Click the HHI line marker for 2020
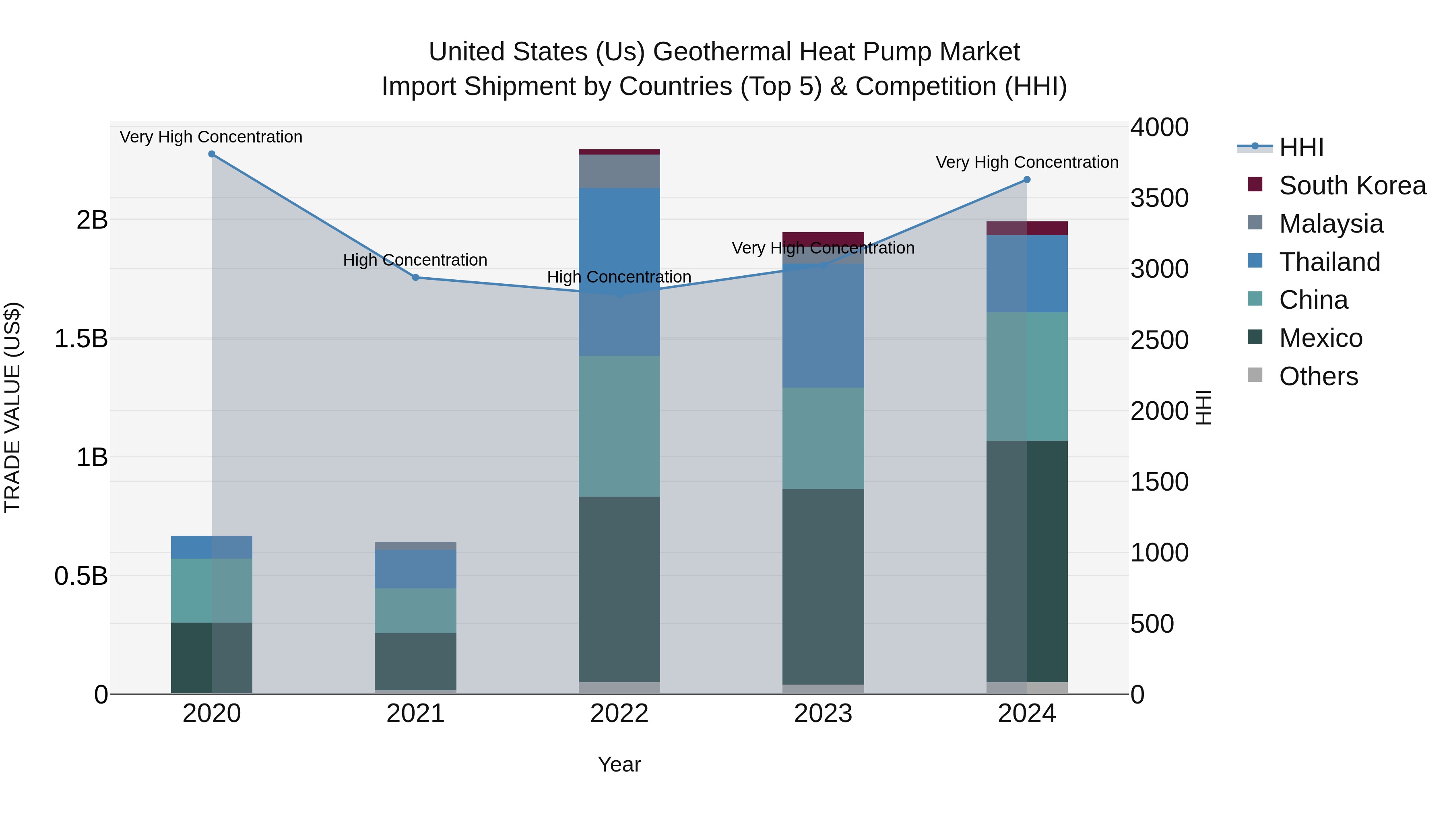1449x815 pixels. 211,154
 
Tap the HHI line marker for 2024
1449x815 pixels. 1026,180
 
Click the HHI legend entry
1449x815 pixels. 1300,147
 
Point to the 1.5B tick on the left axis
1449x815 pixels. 81,338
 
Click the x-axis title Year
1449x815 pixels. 619,764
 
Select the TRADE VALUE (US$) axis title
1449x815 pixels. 12,407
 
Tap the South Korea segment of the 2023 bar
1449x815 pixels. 823,237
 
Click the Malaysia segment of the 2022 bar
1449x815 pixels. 619,171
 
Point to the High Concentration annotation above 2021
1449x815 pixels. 415,260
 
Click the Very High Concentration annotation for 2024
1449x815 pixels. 1026,162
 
